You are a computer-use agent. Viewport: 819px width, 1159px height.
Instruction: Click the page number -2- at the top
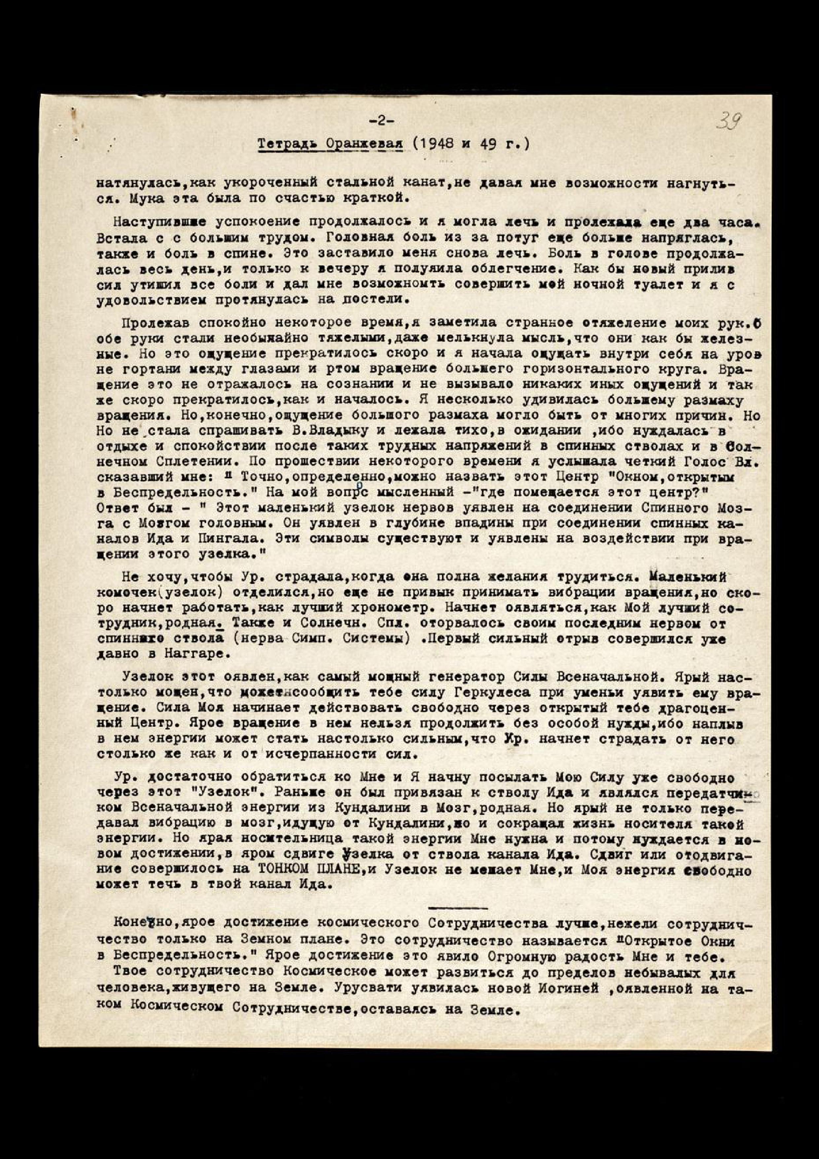pyautogui.click(x=381, y=121)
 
